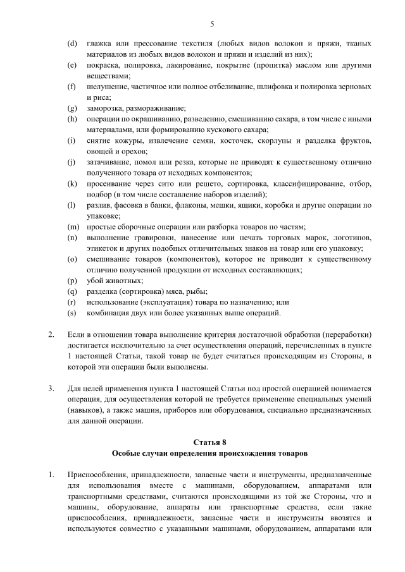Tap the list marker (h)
(x=72, y=119)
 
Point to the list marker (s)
(x=72, y=313)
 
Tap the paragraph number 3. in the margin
(x=51, y=388)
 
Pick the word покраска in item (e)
(x=103, y=65)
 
